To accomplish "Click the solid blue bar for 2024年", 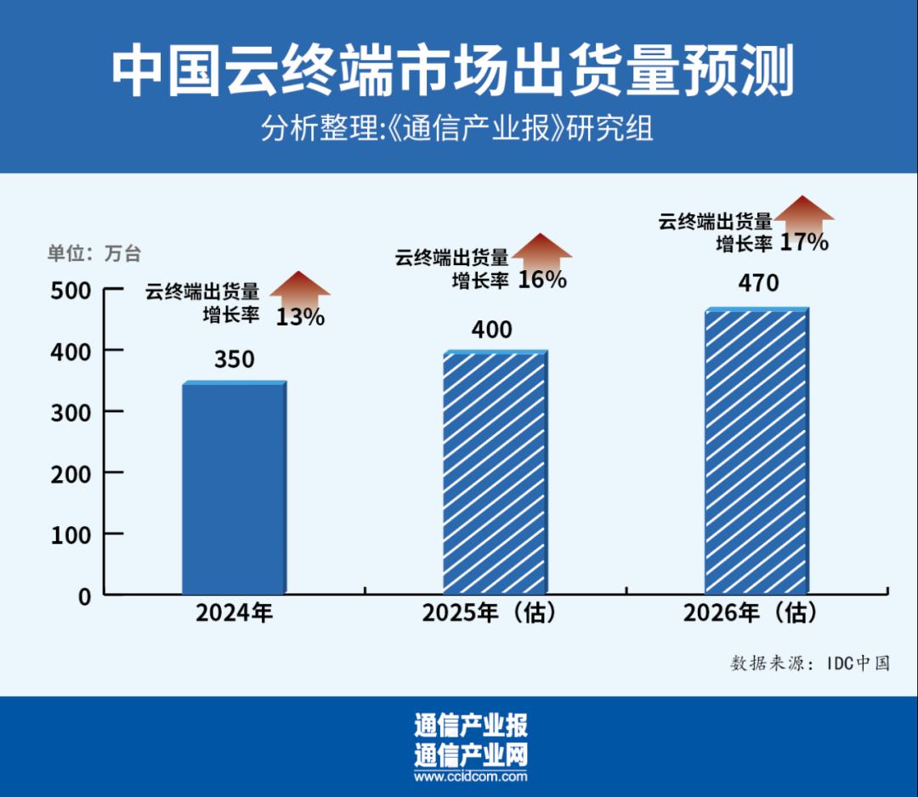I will point(233,488).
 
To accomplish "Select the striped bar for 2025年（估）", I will point(494,472).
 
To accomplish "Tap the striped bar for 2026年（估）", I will point(755,450).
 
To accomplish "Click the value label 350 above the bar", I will point(234,359).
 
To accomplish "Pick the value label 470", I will point(758,283).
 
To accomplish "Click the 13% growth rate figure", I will point(300,318).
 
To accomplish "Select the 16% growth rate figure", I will point(542,280).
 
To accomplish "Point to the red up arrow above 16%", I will point(541,249).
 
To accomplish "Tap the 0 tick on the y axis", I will point(83,596).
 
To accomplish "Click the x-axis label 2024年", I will point(234,613).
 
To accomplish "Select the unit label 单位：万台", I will point(93,253).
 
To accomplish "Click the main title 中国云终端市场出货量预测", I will point(452,71).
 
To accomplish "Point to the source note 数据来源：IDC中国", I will point(809,664).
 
